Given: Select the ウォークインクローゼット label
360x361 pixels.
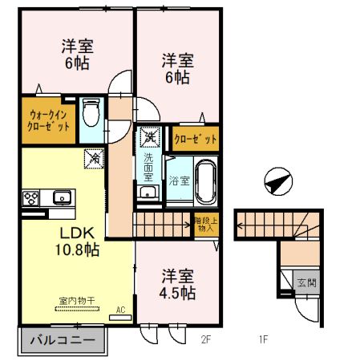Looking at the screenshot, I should [44, 120].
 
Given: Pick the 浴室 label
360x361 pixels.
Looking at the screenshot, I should [179, 181].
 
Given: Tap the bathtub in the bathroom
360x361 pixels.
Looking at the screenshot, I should [206, 181].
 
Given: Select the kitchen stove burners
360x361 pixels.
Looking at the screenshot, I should [32, 197].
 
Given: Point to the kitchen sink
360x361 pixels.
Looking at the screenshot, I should [61, 197].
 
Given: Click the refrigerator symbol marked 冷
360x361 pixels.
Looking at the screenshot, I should [92, 160].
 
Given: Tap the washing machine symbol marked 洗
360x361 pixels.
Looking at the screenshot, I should [149, 138].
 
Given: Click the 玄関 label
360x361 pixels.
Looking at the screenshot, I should [306, 282].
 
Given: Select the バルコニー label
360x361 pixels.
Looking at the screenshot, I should [58, 340].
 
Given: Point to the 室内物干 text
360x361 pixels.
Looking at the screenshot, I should [76, 302].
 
